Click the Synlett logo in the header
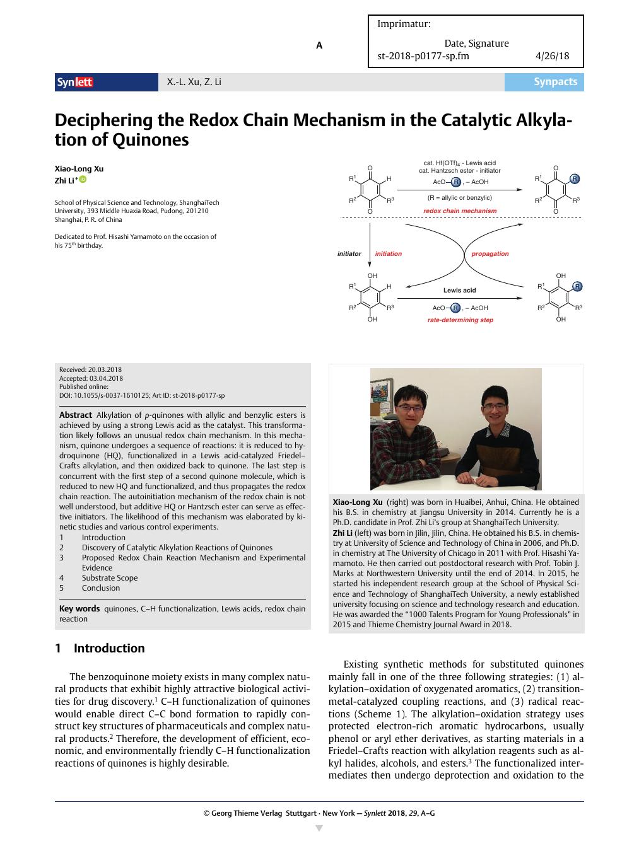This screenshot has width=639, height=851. [75, 82]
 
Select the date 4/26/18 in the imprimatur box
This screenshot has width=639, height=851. [552, 55]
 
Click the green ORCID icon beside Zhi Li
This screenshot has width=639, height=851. [83, 180]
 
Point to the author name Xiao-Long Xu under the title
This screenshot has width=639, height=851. [79, 168]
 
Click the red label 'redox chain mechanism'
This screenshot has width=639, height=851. [460, 211]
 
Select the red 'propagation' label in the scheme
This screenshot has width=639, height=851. [490, 254]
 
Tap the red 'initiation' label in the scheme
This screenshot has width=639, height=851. [388, 254]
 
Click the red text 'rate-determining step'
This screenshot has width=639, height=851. [460, 320]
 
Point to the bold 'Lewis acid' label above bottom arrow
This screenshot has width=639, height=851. [459, 291]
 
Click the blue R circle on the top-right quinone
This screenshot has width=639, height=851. [574, 179]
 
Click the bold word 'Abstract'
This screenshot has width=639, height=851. [76, 415]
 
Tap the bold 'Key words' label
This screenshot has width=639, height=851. [79, 608]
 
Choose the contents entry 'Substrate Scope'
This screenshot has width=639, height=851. [109, 577]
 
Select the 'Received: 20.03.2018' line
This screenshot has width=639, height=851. [90, 369]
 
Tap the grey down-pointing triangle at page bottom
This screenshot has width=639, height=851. [319, 828]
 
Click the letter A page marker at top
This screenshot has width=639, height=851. [319, 45]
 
